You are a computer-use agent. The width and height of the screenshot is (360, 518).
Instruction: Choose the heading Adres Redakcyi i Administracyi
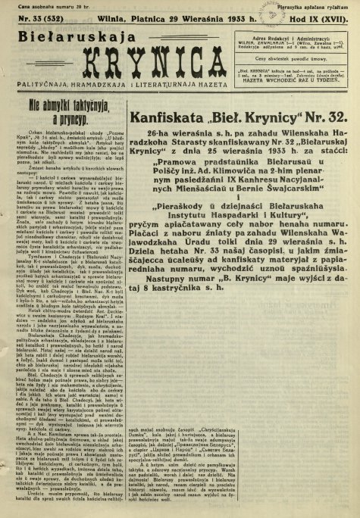coord(302,36)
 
